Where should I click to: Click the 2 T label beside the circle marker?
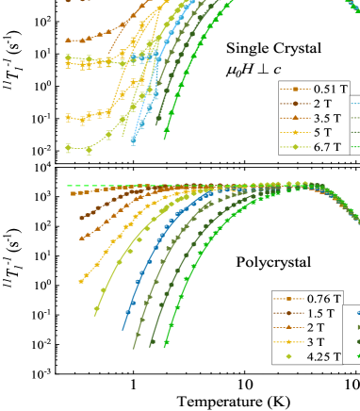(318, 104)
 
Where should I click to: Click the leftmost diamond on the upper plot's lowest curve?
(67, 148)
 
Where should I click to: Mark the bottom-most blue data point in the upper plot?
(134, 142)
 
